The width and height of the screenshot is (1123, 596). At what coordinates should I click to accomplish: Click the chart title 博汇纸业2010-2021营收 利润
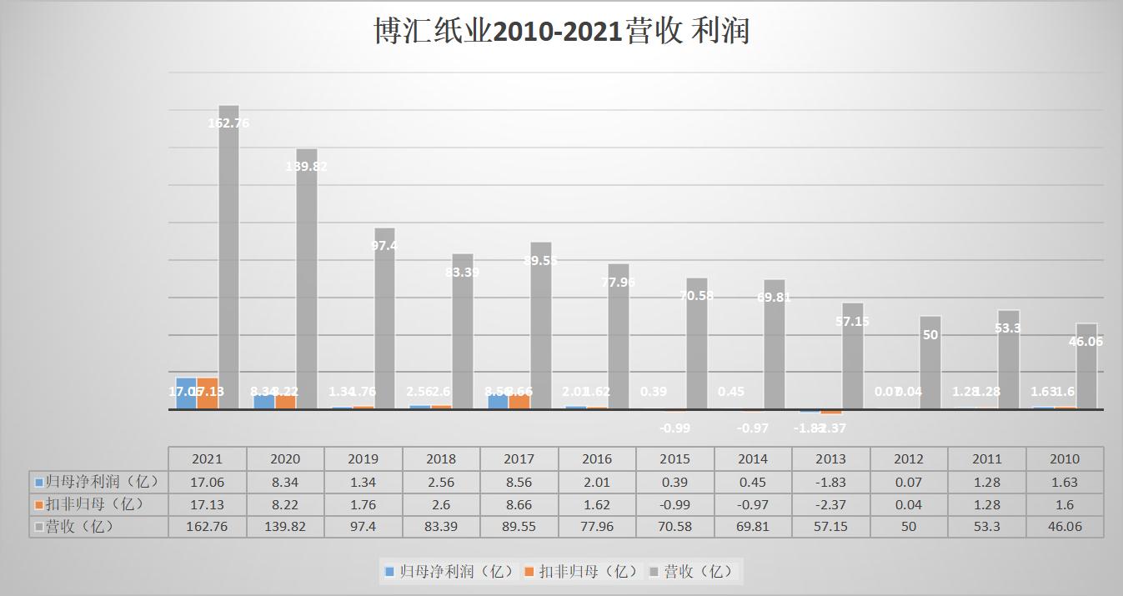tap(561, 32)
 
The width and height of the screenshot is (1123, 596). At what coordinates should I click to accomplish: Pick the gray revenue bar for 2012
tap(930, 367)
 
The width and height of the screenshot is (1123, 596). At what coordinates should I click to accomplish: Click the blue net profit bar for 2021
tap(186, 393)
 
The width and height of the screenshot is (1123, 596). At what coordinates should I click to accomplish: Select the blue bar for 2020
tap(264, 401)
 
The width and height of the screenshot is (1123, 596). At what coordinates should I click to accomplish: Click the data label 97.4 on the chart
tap(384, 246)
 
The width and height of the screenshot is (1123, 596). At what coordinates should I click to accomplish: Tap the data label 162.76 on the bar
tap(228, 123)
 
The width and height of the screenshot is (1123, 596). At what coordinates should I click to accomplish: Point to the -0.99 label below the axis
tap(674, 428)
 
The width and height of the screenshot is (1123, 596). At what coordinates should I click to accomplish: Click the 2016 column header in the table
tap(597, 458)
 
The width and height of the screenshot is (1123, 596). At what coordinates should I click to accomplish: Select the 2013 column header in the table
tap(830, 458)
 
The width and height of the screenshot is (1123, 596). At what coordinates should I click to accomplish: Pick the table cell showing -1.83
tap(830, 482)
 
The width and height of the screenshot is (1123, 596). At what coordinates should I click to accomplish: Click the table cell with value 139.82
tap(285, 527)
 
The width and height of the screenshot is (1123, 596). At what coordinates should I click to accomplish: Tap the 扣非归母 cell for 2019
tap(363, 504)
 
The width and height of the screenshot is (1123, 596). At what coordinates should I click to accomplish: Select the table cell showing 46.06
tap(1065, 527)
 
